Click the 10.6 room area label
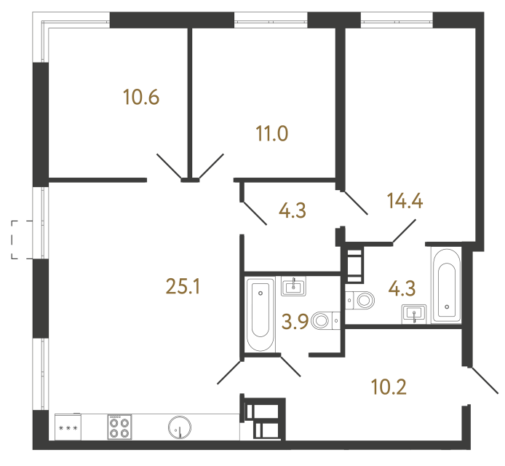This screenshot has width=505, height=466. pos(141,97)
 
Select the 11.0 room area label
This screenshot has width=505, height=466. pos(272,134)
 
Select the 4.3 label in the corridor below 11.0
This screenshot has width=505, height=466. pos(292,211)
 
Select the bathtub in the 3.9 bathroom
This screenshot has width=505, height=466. pos(259,315)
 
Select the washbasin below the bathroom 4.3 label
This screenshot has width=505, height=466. pos(413,314)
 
